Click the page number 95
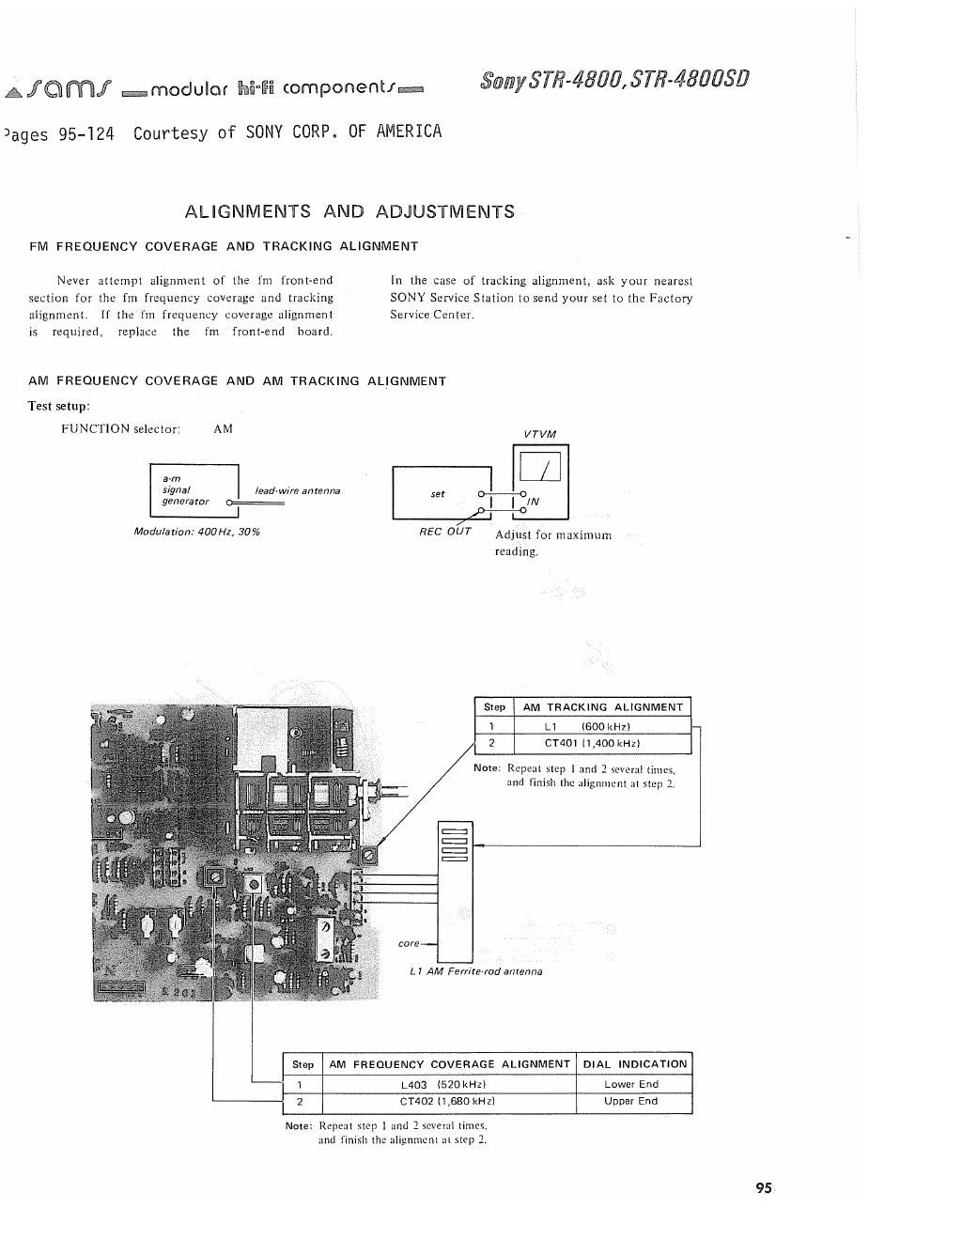click(763, 1188)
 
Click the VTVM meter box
click(537, 480)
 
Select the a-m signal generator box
click(194, 490)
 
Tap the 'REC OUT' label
click(445, 532)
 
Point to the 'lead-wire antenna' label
click(298, 491)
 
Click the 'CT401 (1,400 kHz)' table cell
click(592, 744)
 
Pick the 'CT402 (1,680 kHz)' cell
click(447, 1102)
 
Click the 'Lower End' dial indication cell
click(631, 1084)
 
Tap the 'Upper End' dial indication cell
click(631, 1102)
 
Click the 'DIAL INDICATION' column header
click(635, 1064)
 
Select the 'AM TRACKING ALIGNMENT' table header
click(602, 707)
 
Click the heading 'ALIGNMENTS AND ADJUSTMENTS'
click(349, 211)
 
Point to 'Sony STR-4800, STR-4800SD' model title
click(614, 79)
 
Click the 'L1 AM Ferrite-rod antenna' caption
click(475, 971)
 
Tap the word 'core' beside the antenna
click(409, 943)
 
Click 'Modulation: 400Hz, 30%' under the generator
click(197, 533)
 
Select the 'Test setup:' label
click(59, 406)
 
